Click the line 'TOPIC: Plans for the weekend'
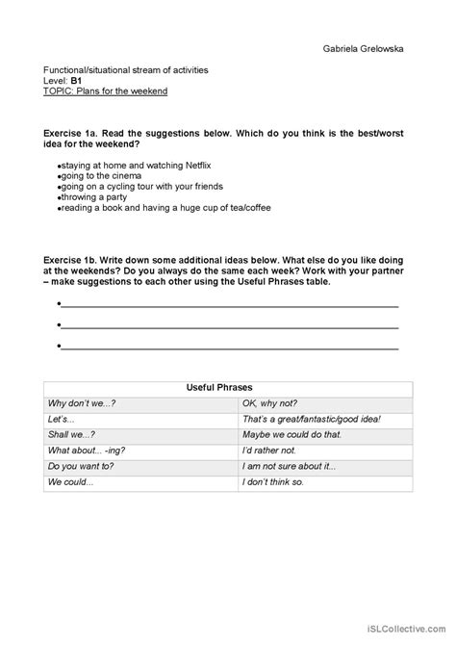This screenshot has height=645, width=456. (106, 91)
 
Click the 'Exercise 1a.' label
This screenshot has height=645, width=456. (73, 134)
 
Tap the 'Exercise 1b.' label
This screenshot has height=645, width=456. (73, 260)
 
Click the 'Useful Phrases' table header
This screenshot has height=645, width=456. (228, 387)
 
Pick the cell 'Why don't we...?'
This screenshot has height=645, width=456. (82, 403)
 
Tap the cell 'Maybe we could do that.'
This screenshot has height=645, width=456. (292, 434)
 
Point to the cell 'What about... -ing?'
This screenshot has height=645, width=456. (87, 450)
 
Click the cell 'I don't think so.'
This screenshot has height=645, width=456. (273, 480)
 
